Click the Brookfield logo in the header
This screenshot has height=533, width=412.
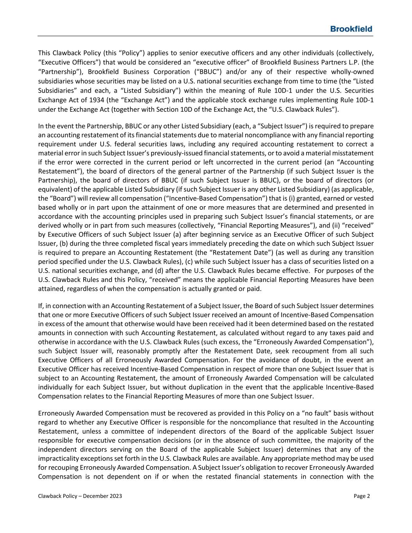pos(351,29)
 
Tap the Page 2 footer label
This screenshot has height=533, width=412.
pos(362,496)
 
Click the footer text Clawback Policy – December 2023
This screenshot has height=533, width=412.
pos(80,496)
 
